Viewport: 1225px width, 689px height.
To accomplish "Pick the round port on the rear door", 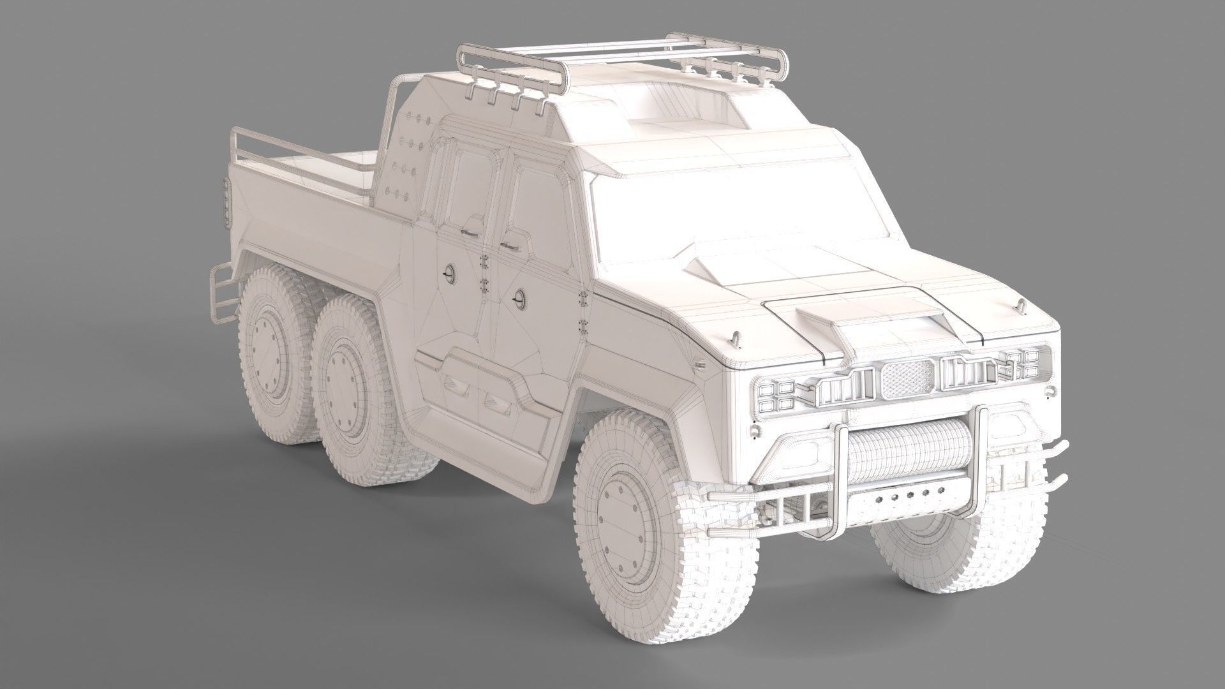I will (449, 274).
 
